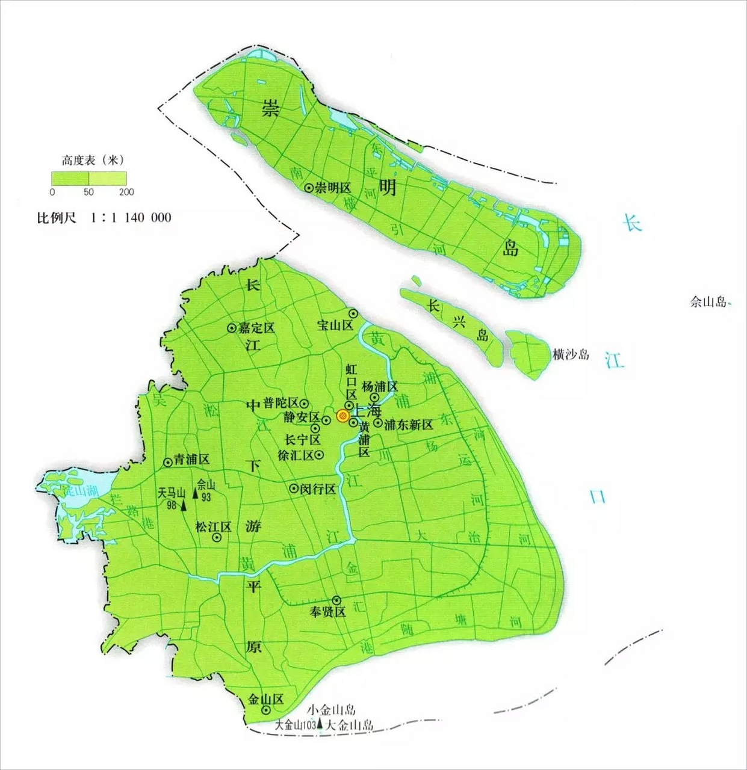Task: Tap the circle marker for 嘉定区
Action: pos(232,328)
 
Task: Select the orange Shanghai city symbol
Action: pos(343,415)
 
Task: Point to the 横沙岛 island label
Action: pos(571,354)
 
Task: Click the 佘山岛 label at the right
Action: pos(708,302)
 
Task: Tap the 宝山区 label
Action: pos(335,325)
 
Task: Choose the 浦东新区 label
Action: pos(409,425)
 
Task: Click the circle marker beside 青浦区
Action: pos(168,462)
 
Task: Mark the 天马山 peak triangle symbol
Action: pos(184,505)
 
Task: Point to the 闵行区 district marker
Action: pos(294,488)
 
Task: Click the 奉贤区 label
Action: pos(328,612)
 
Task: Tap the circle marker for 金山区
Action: pos(265,710)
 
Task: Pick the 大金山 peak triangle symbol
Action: pos(320,725)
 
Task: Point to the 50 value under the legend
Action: pos(88,192)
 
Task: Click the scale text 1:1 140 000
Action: pos(131,217)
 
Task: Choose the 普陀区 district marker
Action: pos(305,404)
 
